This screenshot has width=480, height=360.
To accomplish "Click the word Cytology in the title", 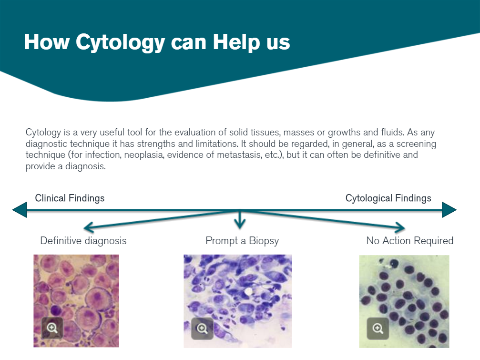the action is click(120, 42).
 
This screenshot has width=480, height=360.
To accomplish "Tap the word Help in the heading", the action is click(236, 42).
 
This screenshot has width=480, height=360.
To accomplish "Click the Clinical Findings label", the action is click(70, 198).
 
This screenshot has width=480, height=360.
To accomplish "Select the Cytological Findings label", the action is click(388, 198).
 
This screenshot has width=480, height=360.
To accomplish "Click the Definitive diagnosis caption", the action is click(83, 241).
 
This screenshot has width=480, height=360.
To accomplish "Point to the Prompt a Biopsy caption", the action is click(242, 241).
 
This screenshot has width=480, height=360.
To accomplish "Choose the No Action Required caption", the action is click(409, 241).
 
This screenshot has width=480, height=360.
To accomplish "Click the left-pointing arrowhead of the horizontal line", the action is click(20, 210).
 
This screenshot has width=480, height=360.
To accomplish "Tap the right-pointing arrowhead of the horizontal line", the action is click(449, 210).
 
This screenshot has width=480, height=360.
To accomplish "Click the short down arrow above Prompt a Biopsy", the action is click(240, 219).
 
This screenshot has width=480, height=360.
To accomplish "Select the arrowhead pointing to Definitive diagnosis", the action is click(89, 227).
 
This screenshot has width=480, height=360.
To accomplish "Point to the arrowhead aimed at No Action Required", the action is click(400, 227).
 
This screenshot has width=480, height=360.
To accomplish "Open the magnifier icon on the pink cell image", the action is click(52, 328).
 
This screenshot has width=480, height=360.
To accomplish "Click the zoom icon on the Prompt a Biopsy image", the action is click(202, 329).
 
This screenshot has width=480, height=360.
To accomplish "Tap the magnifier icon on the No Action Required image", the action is click(378, 329).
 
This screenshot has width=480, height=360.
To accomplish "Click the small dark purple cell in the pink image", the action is click(57, 310).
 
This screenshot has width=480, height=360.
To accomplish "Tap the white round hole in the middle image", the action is click(248, 291).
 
